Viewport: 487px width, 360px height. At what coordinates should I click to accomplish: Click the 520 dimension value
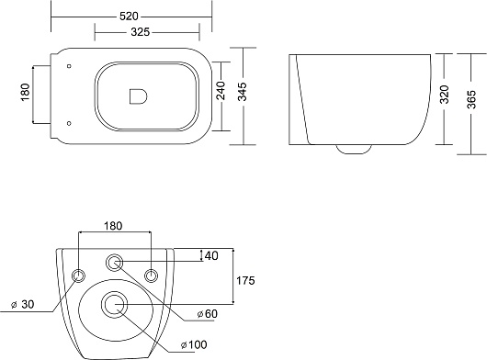pyautogui.click(x=129, y=17)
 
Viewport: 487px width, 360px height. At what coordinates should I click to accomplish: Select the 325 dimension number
pyautogui.click(x=140, y=31)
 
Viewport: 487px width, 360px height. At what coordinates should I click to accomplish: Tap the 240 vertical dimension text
pyautogui.click(x=221, y=90)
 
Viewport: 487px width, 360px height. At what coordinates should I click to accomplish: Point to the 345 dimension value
pyautogui.click(x=243, y=92)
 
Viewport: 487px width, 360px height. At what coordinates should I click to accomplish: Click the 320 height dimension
pyautogui.click(x=445, y=95)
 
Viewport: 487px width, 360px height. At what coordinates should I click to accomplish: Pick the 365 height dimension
pyautogui.click(x=471, y=99)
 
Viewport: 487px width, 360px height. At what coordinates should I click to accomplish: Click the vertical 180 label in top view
pyautogui.click(x=25, y=92)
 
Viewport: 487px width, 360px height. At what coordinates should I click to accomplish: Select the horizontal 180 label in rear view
pyautogui.click(x=113, y=226)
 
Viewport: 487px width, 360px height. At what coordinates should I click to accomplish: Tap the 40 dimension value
pyautogui.click(x=211, y=255)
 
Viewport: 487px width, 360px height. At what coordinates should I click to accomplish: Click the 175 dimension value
pyautogui.click(x=245, y=280)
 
